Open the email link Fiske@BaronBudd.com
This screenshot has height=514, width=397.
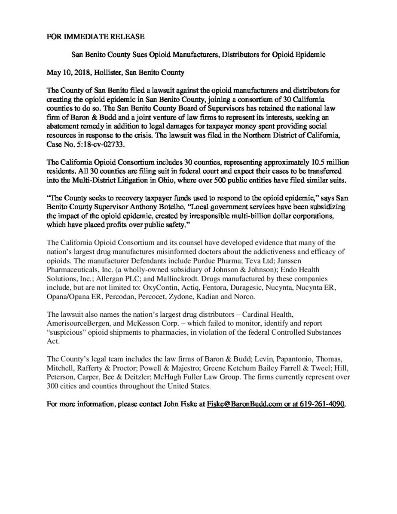pyautogui.click(x=244, y=404)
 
